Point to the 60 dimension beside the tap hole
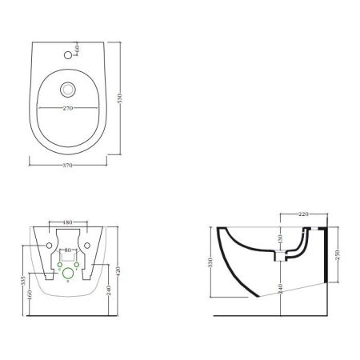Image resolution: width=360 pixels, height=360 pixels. [x=76, y=50]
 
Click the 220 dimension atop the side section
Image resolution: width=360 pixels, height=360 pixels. [x=303, y=214]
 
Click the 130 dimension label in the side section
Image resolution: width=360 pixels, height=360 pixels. [x=280, y=239]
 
